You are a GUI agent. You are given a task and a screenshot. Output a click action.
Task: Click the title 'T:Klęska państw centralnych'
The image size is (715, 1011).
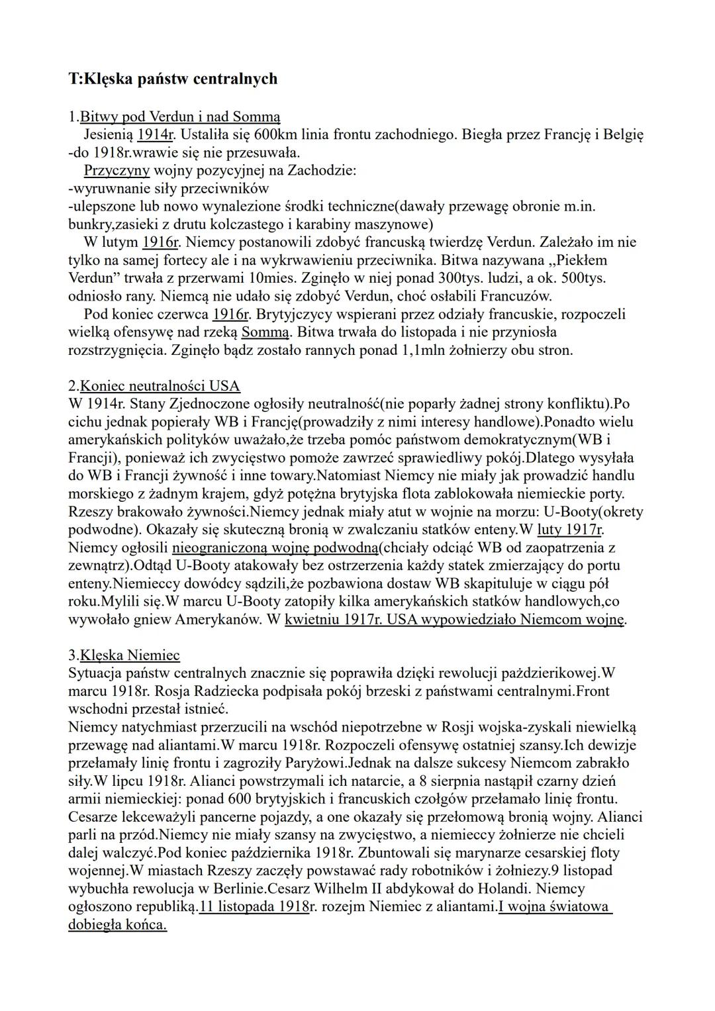click(x=173, y=79)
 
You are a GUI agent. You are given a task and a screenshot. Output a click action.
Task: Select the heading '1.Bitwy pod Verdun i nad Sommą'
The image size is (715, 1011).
click(x=174, y=117)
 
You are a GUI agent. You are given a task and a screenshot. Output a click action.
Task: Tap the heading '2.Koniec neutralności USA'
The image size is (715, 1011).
click(x=154, y=386)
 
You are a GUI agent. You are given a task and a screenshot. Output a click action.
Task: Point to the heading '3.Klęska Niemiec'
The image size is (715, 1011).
click(x=124, y=655)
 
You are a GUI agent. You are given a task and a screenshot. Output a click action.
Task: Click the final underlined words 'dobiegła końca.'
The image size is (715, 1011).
click(x=117, y=924)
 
